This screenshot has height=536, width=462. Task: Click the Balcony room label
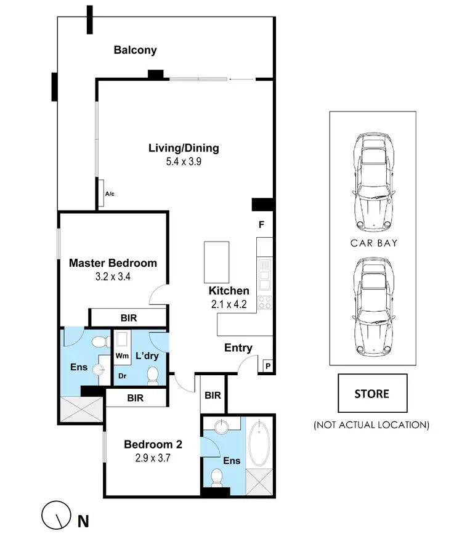[135, 51]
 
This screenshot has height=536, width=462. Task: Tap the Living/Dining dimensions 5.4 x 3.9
[184, 161]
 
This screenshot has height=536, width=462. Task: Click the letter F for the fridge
[261, 225]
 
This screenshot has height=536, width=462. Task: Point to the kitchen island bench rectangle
[216, 261]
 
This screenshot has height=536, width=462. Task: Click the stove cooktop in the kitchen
[265, 303]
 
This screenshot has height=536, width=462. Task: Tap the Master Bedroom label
[113, 263]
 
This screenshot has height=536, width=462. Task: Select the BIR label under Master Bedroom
[129, 318]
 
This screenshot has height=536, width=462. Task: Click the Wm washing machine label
[121, 357]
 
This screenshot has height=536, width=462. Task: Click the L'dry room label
[148, 356]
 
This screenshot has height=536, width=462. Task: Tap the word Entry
[238, 348]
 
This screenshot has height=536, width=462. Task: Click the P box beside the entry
[268, 366]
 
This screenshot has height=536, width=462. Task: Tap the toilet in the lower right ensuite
[217, 477]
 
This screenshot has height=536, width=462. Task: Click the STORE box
[371, 393]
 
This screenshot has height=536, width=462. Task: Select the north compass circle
[54, 514]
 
